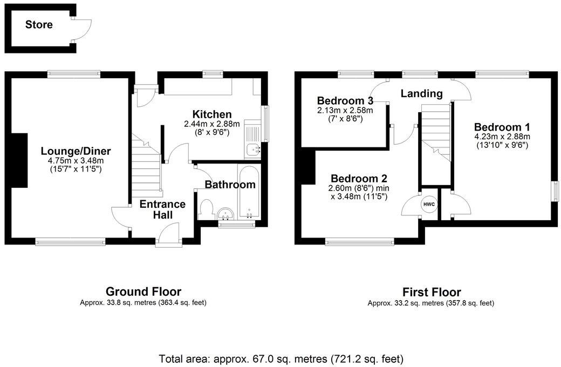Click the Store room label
(39, 25)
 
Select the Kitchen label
(212, 114)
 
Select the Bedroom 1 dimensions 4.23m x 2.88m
(502, 136)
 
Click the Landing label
(421, 93)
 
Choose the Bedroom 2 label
(359, 179)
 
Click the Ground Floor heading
(143, 291)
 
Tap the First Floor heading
(430, 293)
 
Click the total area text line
(280, 358)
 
